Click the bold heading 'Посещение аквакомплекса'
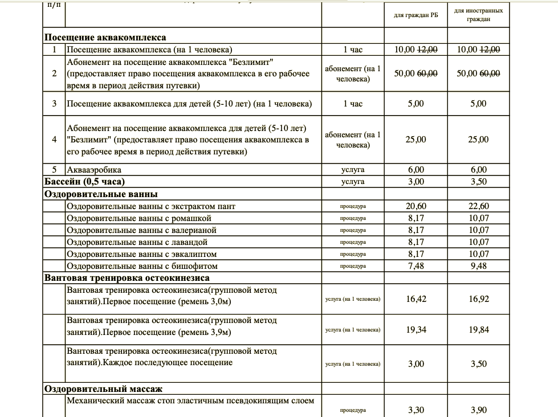(105, 38)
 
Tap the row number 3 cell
(54, 104)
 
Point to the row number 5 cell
(54, 170)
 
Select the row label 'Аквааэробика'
(94, 170)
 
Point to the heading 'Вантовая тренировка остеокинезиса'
(127, 278)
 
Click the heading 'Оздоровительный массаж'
(103, 389)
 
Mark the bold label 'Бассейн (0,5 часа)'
(84, 182)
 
